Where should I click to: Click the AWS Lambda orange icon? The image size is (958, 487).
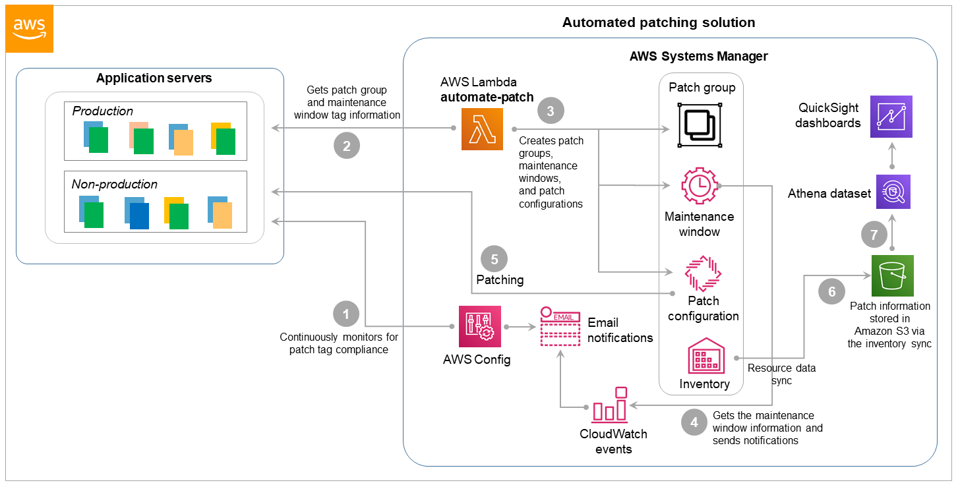pyautogui.click(x=481, y=129)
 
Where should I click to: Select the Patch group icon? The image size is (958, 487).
pyautogui.click(x=701, y=125)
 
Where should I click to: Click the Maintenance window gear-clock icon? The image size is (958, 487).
pyautogui.click(x=700, y=186)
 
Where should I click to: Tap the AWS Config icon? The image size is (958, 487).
pyautogui.click(x=479, y=326)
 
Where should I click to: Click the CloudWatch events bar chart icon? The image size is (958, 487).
pyautogui.click(x=611, y=405)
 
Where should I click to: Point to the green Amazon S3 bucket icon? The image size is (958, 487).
pyautogui.click(x=892, y=275)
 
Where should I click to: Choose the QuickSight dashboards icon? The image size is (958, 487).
pyautogui.click(x=891, y=117)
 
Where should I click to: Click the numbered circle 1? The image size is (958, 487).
pyautogui.click(x=346, y=314)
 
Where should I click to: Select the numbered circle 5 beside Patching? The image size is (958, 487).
pyautogui.click(x=494, y=259)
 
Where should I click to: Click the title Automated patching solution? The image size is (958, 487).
pyautogui.click(x=658, y=23)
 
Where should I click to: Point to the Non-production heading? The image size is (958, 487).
pyautogui.click(x=115, y=185)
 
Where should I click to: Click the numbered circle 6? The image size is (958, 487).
pyautogui.click(x=831, y=291)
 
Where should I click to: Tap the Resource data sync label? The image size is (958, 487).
pyautogui.click(x=781, y=374)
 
